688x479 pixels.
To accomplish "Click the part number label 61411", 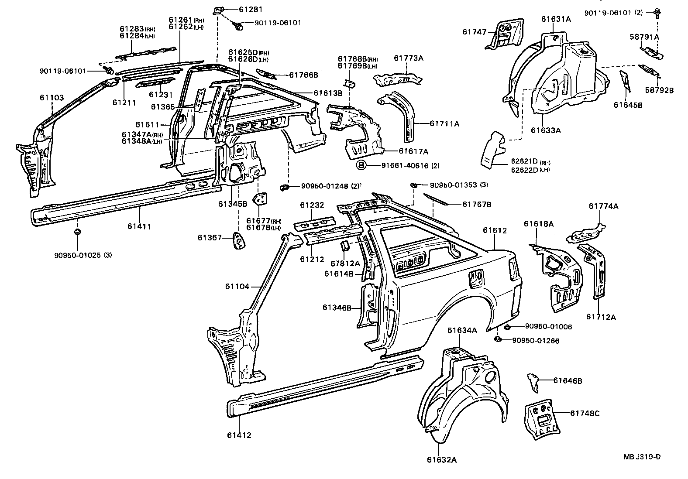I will pos(139,226).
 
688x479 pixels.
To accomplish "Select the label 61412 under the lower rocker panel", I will pos(239,435).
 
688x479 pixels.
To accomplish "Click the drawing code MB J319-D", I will pos(642,457).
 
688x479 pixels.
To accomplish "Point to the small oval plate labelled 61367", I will pos(239,241).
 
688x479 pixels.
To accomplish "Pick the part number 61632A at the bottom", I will pos(441,459).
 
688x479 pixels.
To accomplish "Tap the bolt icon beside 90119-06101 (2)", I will pos(657,12).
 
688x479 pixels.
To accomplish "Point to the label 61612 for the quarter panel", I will pos(495,230).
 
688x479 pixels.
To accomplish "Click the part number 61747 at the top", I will pos(474,31).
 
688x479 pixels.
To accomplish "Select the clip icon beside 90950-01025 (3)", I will pos(77,231).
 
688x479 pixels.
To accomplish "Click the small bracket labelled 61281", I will pos(218,10).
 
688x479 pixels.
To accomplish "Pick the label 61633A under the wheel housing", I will pos(546,130).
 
